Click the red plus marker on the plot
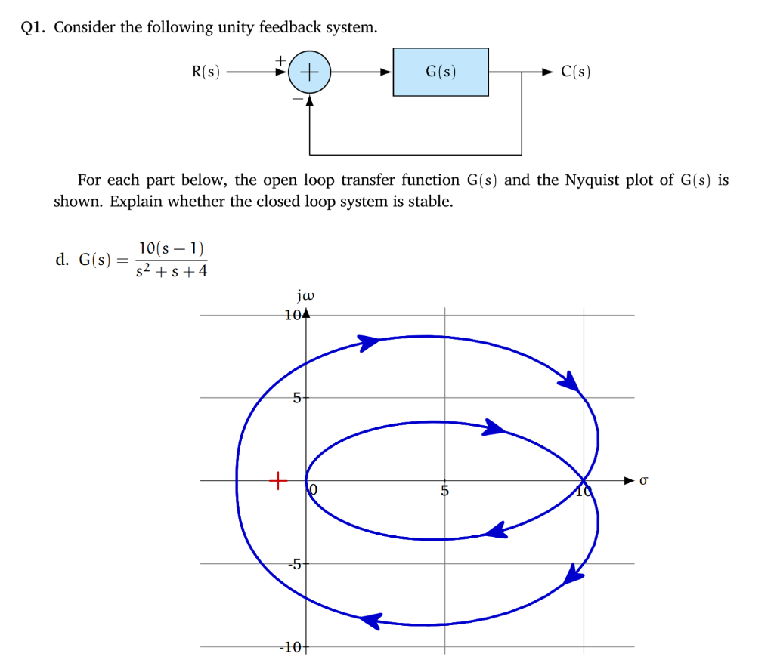click(x=277, y=479)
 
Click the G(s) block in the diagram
click(x=441, y=72)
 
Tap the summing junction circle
click(x=310, y=72)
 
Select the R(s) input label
click(x=206, y=72)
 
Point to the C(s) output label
click(x=576, y=72)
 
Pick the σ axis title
click(x=644, y=479)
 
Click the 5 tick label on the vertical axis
click(x=298, y=397)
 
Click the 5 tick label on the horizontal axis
click(x=445, y=492)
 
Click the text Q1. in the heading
click(x=36, y=28)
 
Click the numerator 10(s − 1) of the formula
click(x=171, y=248)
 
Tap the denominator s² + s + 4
click(x=171, y=270)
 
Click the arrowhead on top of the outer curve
click(x=370, y=342)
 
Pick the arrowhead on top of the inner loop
click(x=494, y=428)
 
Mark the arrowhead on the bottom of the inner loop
click(x=496, y=531)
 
